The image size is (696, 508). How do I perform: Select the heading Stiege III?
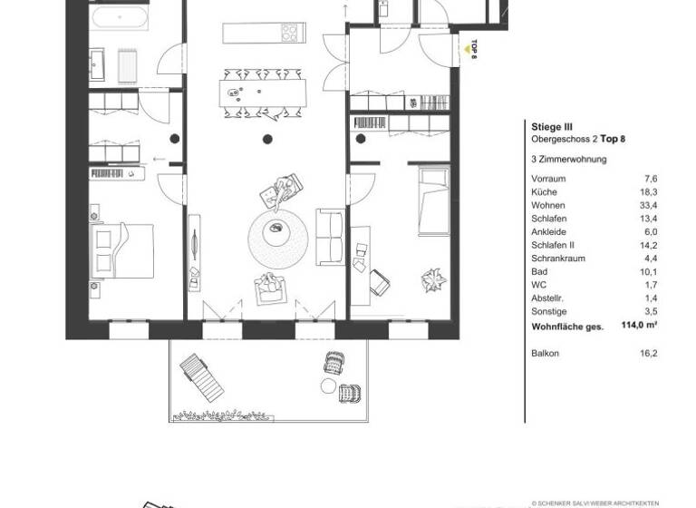551,128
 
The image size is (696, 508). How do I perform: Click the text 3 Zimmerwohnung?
568,160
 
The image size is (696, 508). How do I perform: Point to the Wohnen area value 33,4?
647,205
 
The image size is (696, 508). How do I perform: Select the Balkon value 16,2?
648,354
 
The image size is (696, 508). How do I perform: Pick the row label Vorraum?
548,179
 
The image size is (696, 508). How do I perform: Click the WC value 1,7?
650,284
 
